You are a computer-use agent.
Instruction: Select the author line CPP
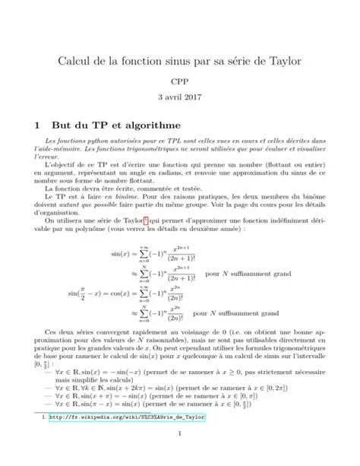[180, 81]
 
